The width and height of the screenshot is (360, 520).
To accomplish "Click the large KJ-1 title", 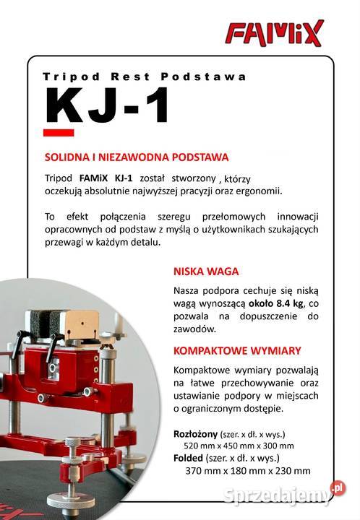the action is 108,106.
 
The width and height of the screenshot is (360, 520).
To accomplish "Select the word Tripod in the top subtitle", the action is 66,76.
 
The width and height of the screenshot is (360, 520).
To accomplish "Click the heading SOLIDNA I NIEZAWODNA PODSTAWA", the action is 137,156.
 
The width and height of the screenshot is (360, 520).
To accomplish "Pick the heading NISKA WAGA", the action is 205,272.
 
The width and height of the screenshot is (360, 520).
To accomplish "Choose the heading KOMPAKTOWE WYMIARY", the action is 236,350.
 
